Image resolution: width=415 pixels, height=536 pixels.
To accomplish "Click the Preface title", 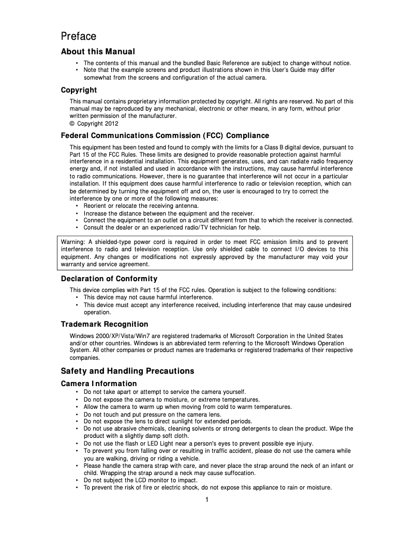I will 79,37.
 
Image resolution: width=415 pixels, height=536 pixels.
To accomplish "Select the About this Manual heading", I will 98,52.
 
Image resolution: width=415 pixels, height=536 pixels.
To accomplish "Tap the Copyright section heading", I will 79,90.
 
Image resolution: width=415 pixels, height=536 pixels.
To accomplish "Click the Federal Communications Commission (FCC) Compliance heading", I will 165,136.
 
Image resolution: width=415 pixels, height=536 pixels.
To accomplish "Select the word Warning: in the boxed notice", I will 73,242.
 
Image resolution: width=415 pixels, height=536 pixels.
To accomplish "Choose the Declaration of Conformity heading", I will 109,279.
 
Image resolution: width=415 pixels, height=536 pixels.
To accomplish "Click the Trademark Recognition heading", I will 105,325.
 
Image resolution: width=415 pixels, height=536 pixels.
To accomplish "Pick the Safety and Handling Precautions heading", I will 127,371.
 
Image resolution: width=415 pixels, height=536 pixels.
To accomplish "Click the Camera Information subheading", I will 99,384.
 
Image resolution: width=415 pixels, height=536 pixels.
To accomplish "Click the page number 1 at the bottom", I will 206,499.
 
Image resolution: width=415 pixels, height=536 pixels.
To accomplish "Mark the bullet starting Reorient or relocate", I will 134,206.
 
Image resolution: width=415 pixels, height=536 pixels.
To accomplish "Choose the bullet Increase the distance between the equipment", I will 169,213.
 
